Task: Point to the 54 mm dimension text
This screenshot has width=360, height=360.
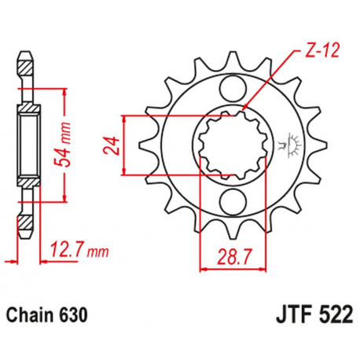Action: click(x=57, y=147)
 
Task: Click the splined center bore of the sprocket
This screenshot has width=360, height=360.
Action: click(x=230, y=145)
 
